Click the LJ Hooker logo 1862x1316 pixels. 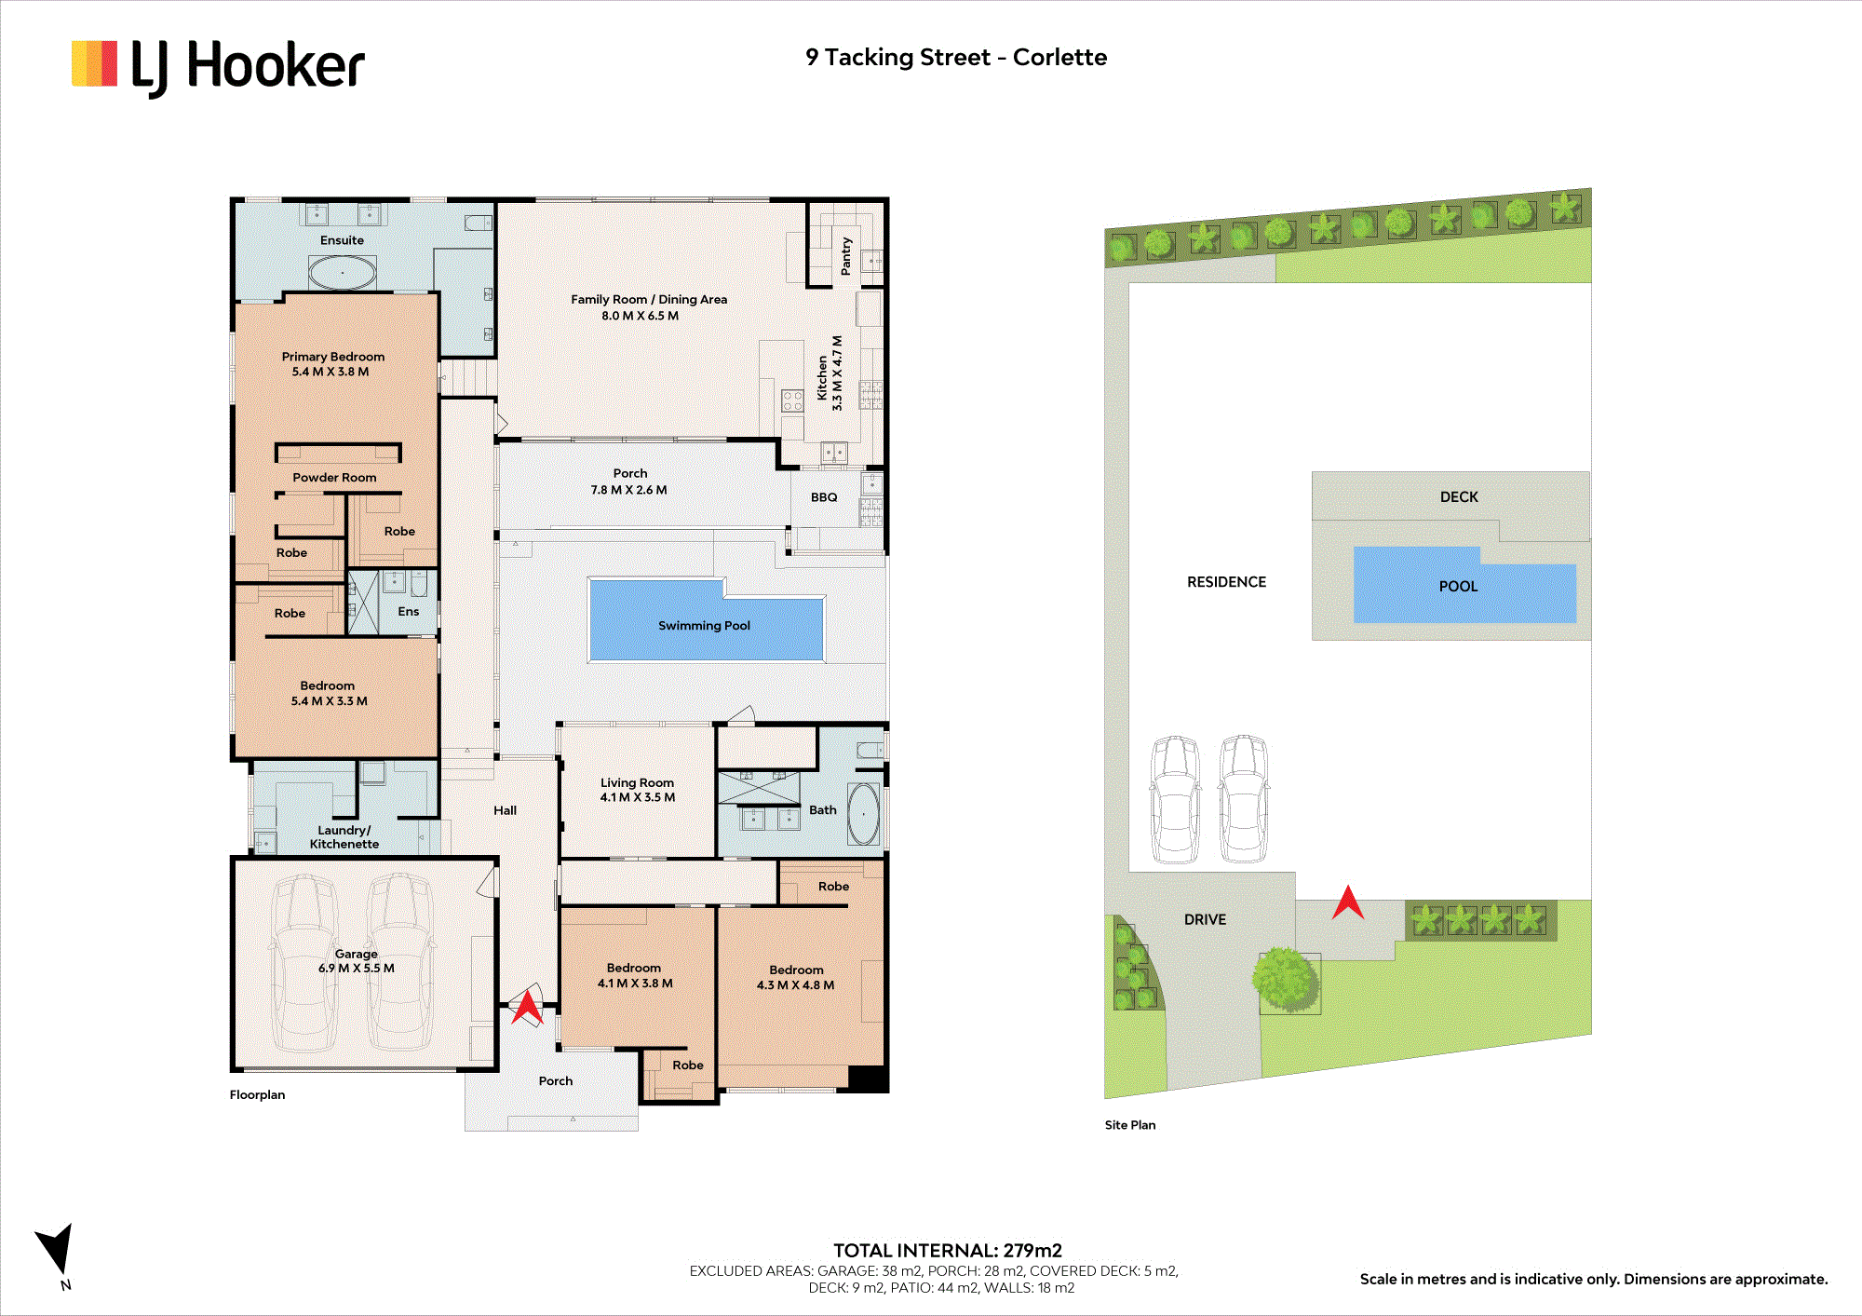click(x=218, y=66)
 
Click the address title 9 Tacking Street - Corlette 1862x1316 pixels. click(x=956, y=58)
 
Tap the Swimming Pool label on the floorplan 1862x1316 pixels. click(x=704, y=626)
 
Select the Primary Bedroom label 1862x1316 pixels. click(x=333, y=357)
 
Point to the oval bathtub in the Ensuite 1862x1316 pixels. click(x=343, y=273)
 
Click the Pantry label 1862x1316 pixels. click(x=846, y=256)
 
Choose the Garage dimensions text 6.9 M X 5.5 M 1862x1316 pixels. click(x=357, y=969)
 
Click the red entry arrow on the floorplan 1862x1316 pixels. click(x=527, y=1007)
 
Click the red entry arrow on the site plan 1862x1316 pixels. click(x=1348, y=902)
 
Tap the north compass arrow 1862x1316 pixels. click(x=57, y=1248)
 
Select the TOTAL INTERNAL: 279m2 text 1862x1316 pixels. click(x=948, y=1251)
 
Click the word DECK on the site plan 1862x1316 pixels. click(x=1459, y=497)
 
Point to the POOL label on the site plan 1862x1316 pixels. click(x=1458, y=587)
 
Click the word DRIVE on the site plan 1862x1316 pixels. click(x=1205, y=920)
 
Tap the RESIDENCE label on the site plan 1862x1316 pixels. click(x=1226, y=582)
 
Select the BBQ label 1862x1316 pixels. click(x=824, y=497)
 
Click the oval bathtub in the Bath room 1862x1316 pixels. click(x=863, y=814)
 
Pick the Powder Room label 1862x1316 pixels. click(x=334, y=478)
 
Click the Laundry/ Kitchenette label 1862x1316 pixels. click(x=344, y=837)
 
